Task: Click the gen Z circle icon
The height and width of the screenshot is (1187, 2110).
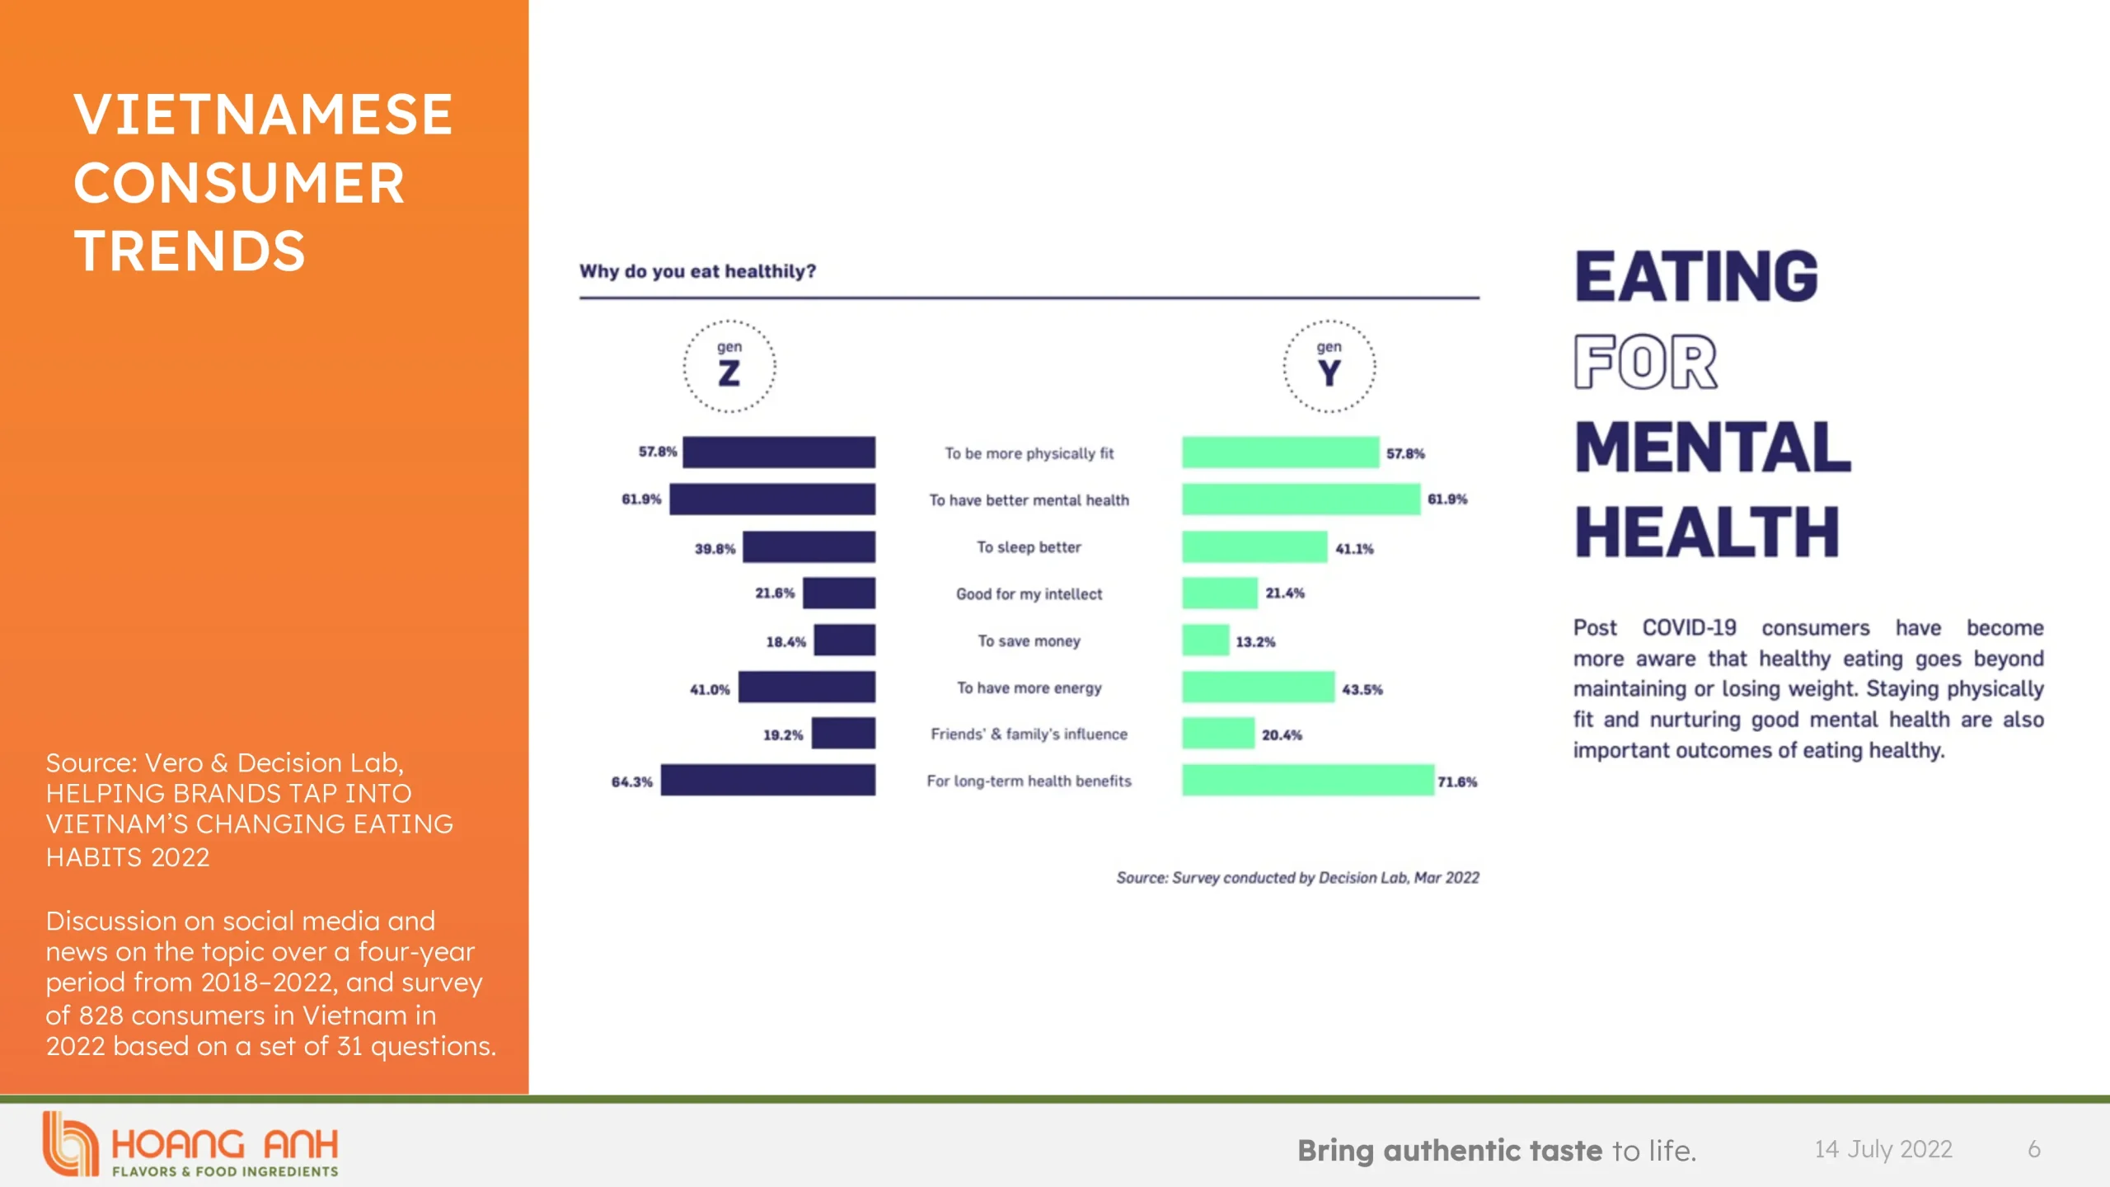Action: pos(729,366)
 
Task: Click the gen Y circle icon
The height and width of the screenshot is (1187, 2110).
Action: pos(1329,366)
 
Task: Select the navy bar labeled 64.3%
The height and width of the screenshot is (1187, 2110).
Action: pos(767,780)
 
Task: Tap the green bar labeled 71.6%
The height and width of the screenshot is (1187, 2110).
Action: pos(1307,780)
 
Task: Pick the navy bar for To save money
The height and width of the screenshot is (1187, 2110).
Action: pos(844,640)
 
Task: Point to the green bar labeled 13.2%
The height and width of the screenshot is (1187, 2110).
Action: pos(1205,640)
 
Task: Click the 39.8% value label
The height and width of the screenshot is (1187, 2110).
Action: pos(715,549)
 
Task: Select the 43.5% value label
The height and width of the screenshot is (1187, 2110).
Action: pos(1362,689)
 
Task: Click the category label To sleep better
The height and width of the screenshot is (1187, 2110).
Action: pos(1029,547)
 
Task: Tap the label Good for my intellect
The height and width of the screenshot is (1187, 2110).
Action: pos(1029,594)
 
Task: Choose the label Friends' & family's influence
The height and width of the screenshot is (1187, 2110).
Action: pos(1029,734)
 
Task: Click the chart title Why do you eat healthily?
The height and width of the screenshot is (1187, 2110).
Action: pos(697,271)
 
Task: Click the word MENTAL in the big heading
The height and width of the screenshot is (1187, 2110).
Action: pos(1713,448)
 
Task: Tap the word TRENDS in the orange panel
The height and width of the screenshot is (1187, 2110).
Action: pos(190,251)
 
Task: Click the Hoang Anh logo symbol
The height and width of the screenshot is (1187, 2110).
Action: pos(69,1143)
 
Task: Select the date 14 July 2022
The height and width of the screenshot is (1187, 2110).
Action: pos(1883,1149)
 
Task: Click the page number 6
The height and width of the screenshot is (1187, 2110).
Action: pos(2034,1149)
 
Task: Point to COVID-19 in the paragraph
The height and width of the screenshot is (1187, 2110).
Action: pos(1689,628)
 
